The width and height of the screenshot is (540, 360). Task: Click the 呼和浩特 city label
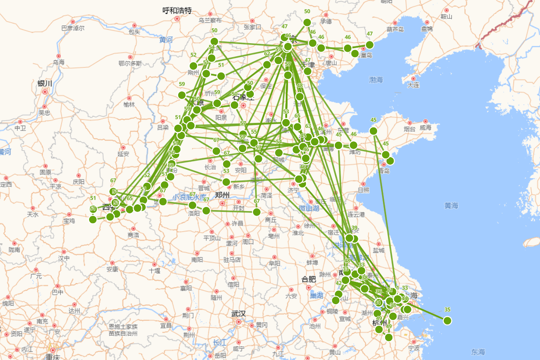pyautogui.click(x=177, y=10)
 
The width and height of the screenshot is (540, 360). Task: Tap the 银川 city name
pyautogui.click(x=45, y=83)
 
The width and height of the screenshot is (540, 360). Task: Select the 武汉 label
pyautogui.click(x=238, y=314)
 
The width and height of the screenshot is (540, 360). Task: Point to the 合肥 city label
pyautogui.click(x=309, y=279)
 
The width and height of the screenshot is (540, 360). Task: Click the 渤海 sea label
pyautogui.click(x=376, y=80)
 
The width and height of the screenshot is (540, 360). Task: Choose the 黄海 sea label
pyautogui.click(x=451, y=206)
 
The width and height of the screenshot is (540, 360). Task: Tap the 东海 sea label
pyautogui.click(x=478, y=351)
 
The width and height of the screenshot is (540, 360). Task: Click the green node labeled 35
pyautogui.click(x=447, y=320)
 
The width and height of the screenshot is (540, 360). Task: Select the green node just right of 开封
pyautogui.click(x=256, y=211)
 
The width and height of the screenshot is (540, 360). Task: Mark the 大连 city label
pyautogui.click(x=413, y=85)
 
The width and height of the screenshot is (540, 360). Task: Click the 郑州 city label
pyautogui.click(x=222, y=195)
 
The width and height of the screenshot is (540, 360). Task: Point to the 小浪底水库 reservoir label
pyautogui.click(x=189, y=197)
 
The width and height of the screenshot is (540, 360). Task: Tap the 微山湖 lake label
pyautogui.click(x=309, y=208)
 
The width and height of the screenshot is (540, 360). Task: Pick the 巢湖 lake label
pyautogui.click(x=316, y=295)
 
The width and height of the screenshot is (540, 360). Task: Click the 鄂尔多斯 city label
pyautogui.click(x=130, y=63)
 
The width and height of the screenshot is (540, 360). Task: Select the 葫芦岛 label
pyautogui.click(x=395, y=30)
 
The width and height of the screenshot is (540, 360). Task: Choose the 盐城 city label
pyautogui.click(x=378, y=250)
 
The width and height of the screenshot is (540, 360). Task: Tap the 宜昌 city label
pyautogui.click(x=166, y=325)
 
